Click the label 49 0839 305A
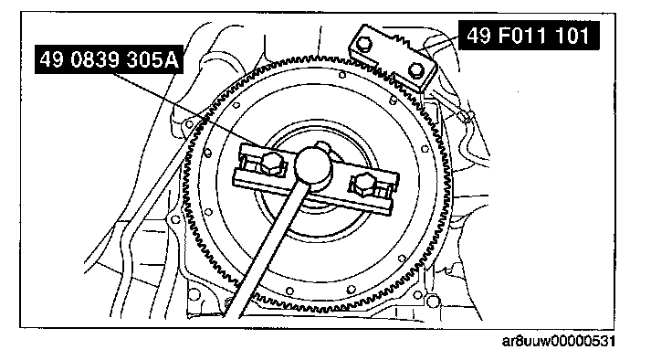(x=109, y=59)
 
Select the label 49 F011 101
(x=529, y=36)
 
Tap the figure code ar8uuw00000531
(x=559, y=342)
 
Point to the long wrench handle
(x=266, y=249)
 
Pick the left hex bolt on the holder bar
(x=270, y=164)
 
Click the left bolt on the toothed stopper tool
(x=364, y=43)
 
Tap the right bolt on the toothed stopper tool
(x=416, y=69)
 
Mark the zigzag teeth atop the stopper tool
(x=401, y=41)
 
